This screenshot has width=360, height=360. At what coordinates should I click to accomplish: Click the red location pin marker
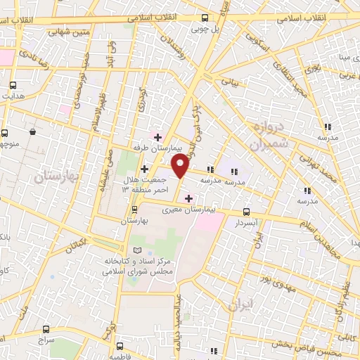[181, 167]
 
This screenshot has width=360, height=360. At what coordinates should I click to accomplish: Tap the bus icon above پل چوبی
[205, 18]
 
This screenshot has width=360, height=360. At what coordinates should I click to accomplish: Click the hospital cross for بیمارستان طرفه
[157, 137]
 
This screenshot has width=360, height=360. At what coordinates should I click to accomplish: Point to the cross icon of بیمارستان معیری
[188, 198]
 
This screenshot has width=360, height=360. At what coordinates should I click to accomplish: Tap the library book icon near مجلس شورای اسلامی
[137, 251]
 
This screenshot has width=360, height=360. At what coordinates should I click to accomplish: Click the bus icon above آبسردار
[246, 211]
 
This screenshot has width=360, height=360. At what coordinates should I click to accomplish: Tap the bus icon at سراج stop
[46, 328]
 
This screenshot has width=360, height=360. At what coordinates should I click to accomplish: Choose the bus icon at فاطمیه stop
[119, 346]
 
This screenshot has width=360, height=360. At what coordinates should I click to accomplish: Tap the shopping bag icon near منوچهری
[32, 131]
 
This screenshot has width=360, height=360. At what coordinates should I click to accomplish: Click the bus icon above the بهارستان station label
[134, 210]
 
